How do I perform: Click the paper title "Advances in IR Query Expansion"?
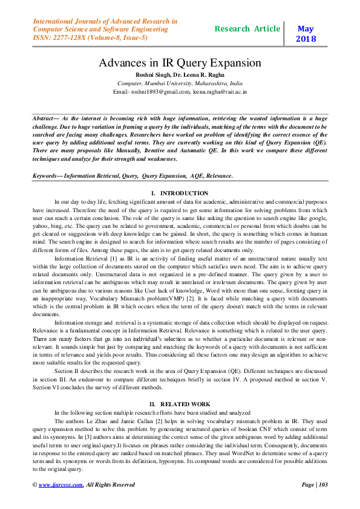(180, 63)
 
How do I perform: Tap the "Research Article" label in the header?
(247, 28)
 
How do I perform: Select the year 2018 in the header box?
(306, 39)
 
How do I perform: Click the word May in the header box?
(306, 28)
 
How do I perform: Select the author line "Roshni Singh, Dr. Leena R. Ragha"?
(180, 74)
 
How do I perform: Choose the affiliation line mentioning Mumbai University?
(180, 83)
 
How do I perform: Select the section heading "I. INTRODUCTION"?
(180, 193)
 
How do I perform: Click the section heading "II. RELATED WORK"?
(180, 403)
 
